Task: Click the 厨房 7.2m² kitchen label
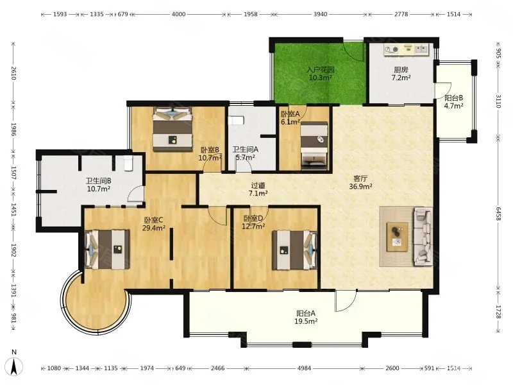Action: point(401,74)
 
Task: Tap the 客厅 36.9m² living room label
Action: point(360,182)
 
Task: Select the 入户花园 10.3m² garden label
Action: point(321,74)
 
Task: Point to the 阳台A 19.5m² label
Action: point(306,317)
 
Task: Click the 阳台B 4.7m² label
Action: point(453,102)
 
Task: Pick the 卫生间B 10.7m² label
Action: point(99,185)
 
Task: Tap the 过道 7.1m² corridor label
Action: point(258,189)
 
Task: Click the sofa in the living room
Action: point(423,236)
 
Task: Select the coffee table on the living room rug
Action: point(398,236)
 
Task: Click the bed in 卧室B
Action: point(172,129)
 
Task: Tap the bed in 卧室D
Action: point(295,250)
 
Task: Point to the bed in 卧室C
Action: point(107,250)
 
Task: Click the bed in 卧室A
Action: point(314,146)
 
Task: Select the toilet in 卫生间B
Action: point(128,163)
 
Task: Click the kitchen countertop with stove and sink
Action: point(407,50)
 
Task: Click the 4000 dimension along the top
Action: point(179,14)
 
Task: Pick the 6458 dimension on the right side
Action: point(499,214)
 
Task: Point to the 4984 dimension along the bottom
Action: point(304,368)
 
